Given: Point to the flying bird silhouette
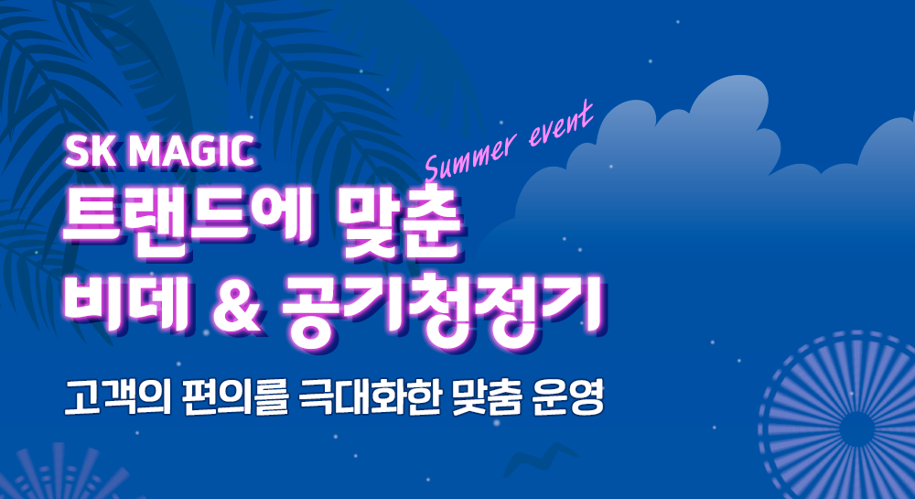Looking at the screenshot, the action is click(540, 457).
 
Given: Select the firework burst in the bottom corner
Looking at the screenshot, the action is click(64, 472).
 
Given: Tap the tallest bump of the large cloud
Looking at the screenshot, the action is click(730, 98).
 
